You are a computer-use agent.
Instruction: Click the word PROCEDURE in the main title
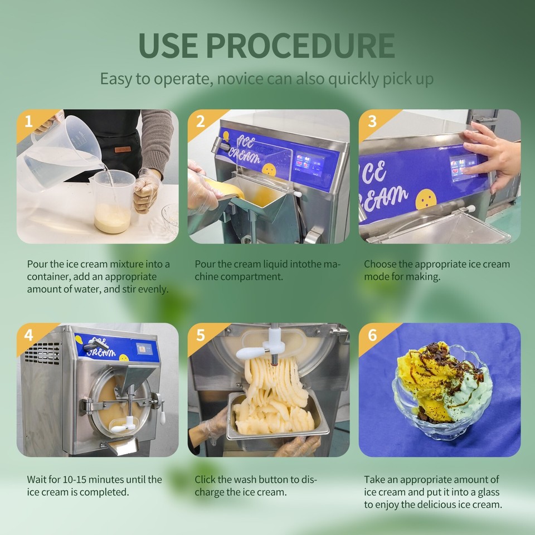[300, 46]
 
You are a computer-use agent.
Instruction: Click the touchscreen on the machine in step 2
[310, 164]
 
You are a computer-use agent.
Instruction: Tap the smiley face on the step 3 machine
[426, 199]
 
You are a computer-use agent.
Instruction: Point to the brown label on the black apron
[122, 149]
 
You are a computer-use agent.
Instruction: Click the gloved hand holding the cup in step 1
[147, 191]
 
